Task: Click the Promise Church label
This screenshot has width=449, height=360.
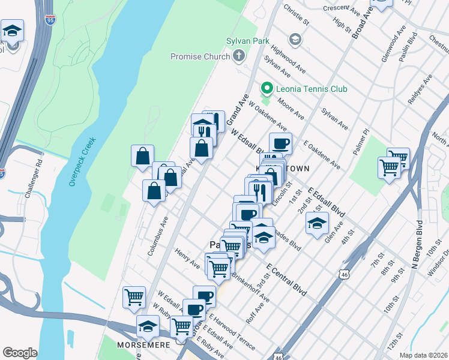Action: click(200, 56)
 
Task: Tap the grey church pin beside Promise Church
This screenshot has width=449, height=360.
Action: click(239, 56)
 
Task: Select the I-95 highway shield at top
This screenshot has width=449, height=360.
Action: click(49, 20)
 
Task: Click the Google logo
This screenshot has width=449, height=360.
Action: click(20, 352)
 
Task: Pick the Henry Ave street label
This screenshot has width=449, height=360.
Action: click(187, 259)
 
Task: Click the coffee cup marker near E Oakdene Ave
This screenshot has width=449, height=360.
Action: click(280, 144)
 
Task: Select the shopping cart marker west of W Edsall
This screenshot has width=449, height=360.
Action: click(134, 296)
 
